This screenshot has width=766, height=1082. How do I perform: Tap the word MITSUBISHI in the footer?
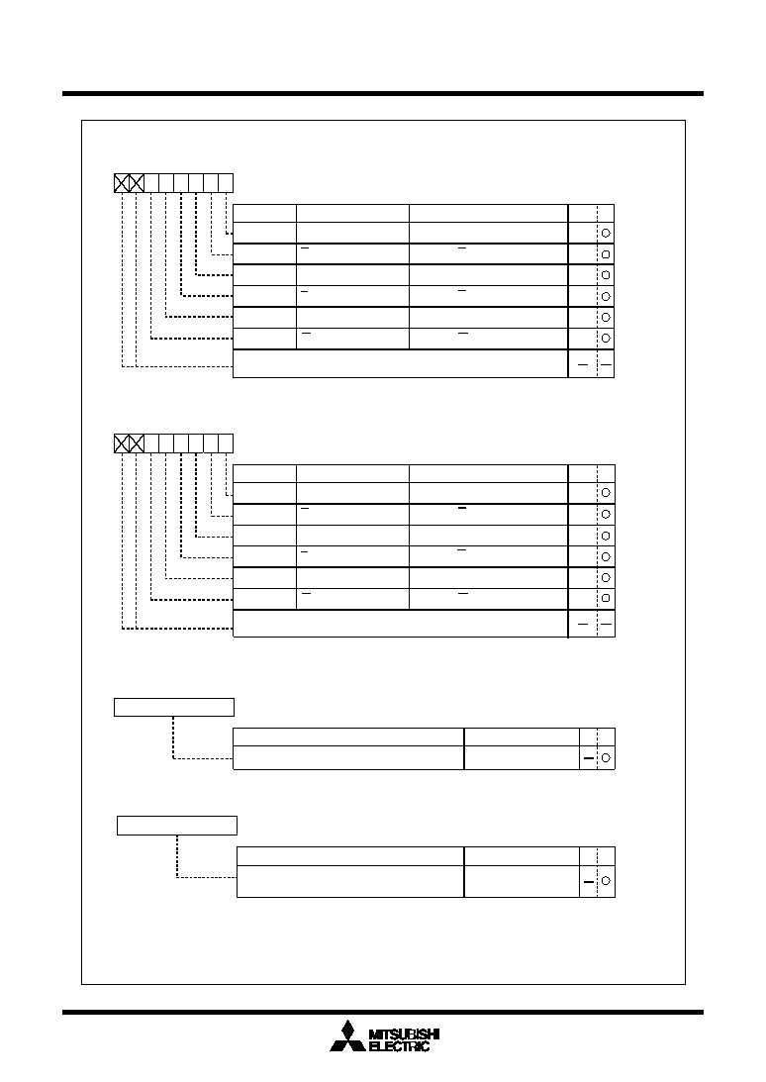pos(405,1033)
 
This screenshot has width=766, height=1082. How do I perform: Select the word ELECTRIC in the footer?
pos(400,1046)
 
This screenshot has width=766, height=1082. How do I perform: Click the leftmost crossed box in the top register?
pos(122,183)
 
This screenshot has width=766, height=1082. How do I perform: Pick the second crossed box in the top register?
pos(137,183)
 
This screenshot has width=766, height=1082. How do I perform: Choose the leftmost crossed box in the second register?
pos(122,443)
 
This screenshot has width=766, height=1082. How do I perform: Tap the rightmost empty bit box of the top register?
pos(226,183)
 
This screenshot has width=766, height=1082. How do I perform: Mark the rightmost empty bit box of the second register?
pos(226,443)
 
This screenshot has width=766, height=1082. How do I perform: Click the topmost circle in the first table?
pos(606,233)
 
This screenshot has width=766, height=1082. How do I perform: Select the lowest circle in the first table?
pos(606,339)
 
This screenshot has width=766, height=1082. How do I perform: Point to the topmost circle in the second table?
pos(606,493)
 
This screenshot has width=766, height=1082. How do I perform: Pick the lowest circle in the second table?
pos(606,598)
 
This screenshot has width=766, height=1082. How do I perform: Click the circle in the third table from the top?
pos(606,757)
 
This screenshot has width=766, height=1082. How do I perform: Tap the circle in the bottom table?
pos(606,880)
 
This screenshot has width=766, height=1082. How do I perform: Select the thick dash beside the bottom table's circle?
pos(589,881)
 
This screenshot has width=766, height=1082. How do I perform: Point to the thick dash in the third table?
pos(589,758)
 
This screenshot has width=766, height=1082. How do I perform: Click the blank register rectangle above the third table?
pos(174,707)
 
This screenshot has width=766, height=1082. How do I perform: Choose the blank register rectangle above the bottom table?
pos(177,826)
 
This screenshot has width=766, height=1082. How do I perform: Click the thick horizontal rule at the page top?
pos(383,93)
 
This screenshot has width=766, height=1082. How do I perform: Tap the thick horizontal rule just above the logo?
pos(383,1013)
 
